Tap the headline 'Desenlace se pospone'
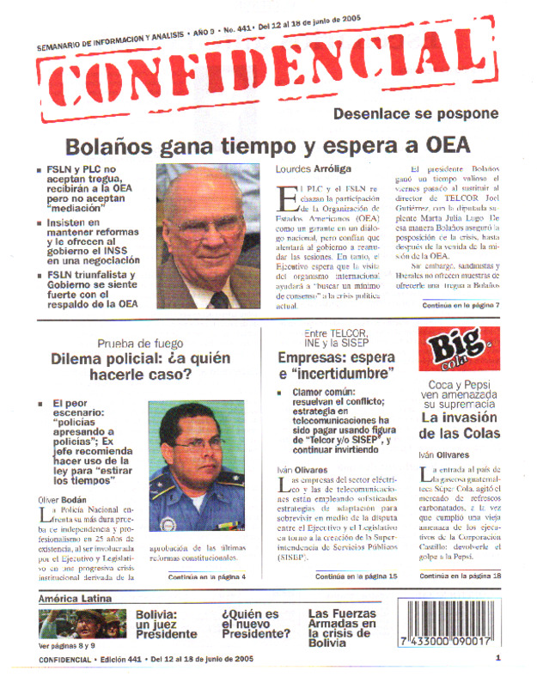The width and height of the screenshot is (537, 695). (x=415, y=114)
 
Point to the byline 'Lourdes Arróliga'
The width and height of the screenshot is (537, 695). (x=314, y=169)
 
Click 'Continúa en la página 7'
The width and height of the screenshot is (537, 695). (x=461, y=305)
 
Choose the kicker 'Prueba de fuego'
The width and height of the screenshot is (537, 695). (x=139, y=344)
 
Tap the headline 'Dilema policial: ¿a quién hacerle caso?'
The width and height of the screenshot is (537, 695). (x=139, y=368)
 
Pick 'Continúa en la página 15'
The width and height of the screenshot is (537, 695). (x=356, y=576)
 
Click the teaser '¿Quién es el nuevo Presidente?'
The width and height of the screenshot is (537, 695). (x=255, y=625)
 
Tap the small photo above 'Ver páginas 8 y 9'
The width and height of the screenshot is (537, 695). (x=82, y=624)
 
